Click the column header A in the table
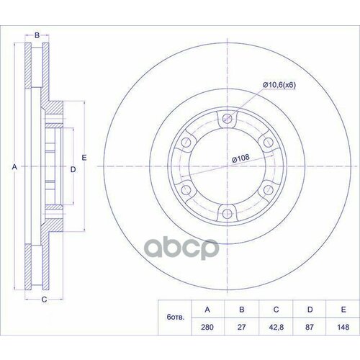coord(207,310)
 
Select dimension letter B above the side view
coord(37,34)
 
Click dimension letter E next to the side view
coord(84,157)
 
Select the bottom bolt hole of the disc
coord(228,212)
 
